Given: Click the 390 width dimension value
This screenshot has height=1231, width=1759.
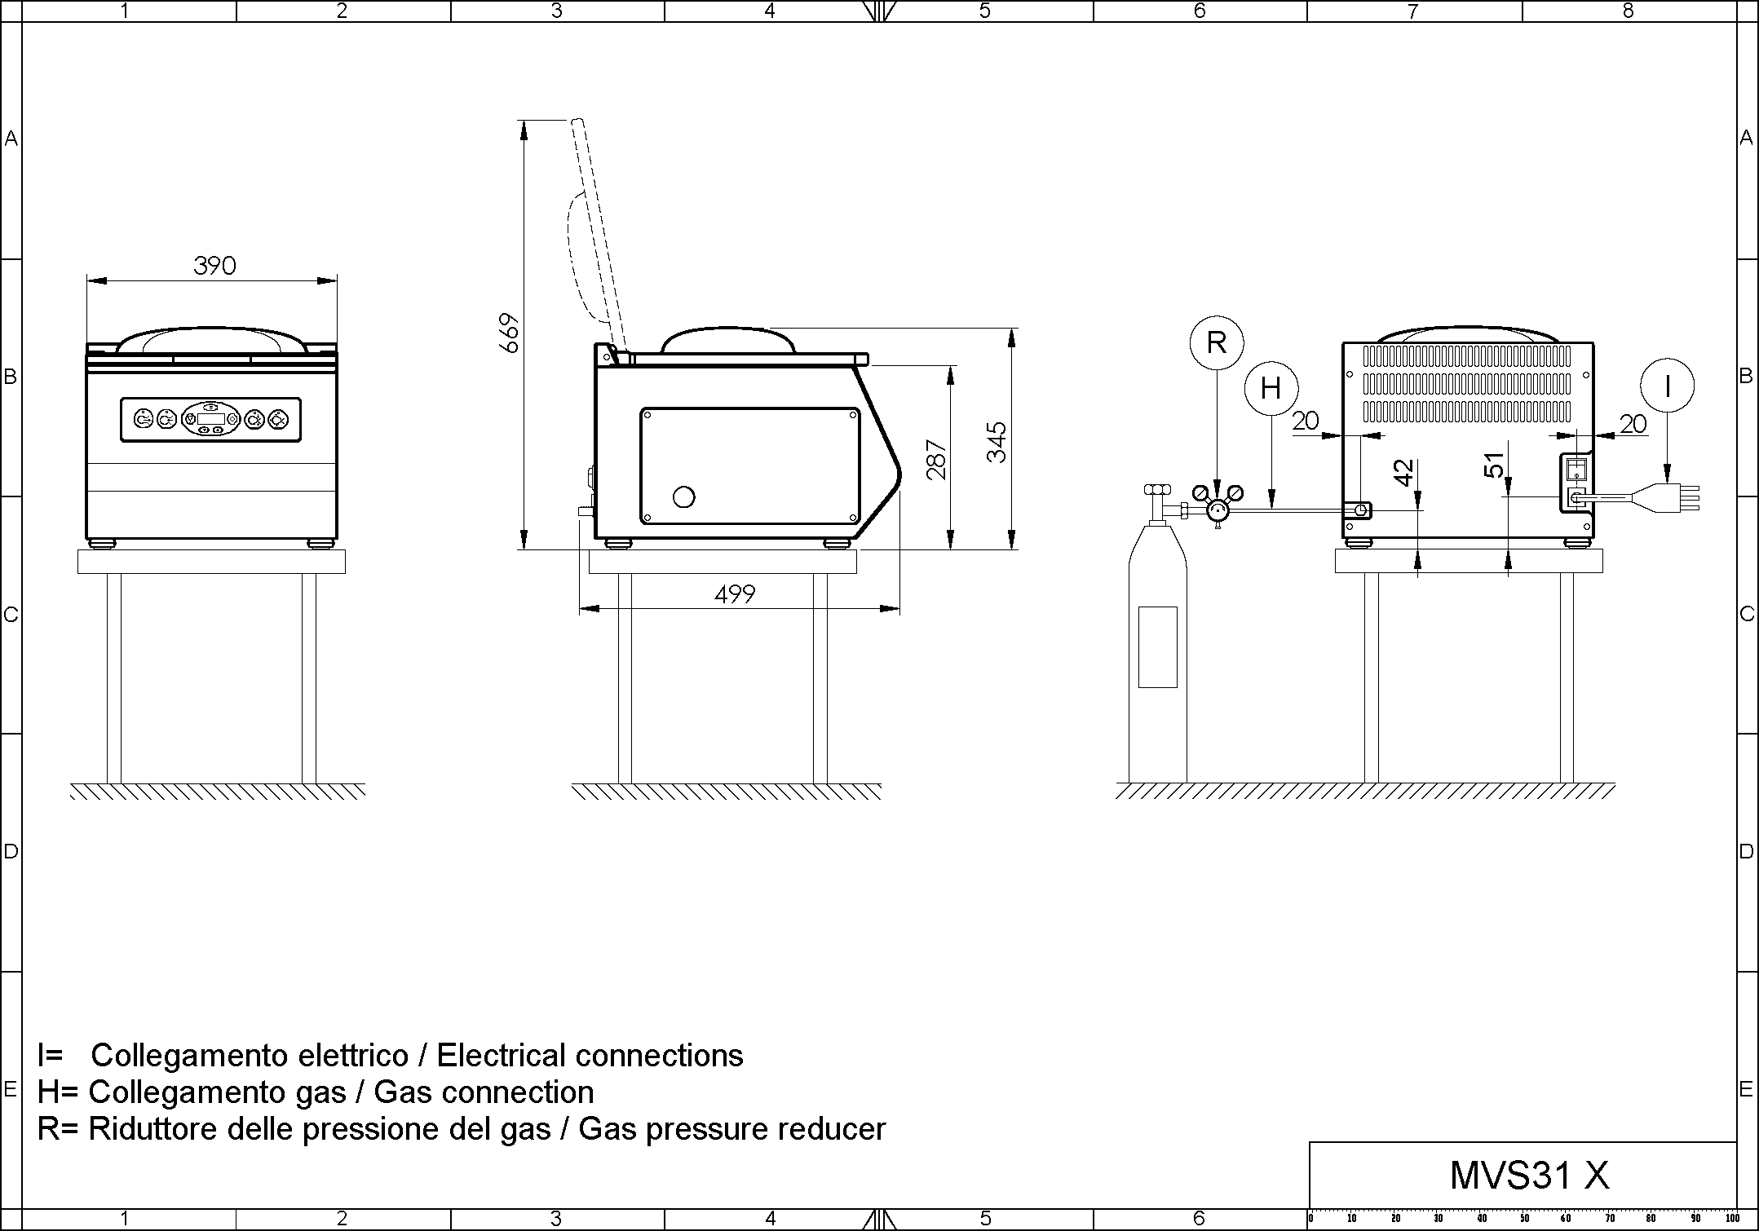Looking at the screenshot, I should tap(214, 265).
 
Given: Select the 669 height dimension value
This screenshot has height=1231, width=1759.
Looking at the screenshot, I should tap(510, 333).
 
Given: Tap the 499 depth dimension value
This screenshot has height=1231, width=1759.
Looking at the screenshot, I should tap(734, 594).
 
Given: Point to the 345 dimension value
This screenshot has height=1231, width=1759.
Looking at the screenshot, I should tap(997, 443).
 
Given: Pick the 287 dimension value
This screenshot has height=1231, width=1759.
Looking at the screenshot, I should tap(938, 460).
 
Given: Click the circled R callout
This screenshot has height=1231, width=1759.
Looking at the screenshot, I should tap(1216, 342).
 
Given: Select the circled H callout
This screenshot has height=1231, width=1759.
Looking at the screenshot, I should tap(1271, 388).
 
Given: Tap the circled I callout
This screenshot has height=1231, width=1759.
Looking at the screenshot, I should tap(1667, 386).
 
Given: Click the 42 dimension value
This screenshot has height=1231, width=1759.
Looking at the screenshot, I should tap(1403, 473).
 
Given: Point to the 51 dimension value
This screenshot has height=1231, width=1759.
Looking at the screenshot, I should tap(1493, 465).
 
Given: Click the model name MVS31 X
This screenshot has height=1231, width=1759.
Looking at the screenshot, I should tap(1529, 1176).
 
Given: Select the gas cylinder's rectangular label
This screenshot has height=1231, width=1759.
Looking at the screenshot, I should tap(1157, 646).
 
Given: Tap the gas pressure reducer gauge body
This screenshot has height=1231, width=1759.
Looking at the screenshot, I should tap(1218, 510).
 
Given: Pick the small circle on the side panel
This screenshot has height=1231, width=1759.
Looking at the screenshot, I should tap(684, 496).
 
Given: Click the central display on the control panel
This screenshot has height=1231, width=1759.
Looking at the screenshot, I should tap(210, 419).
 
